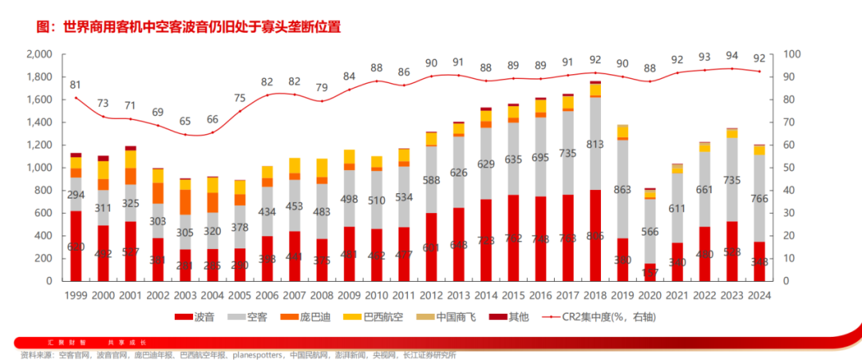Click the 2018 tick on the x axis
pyautogui.click(x=595, y=295)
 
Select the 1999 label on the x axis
pyautogui.click(x=76, y=295)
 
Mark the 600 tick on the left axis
pyautogui.click(x=43, y=213)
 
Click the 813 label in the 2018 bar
pyautogui.click(x=595, y=144)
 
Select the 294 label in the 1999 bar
pyautogui.click(x=76, y=195)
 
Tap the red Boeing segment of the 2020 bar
pyautogui.click(x=650, y=272)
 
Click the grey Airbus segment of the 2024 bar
pyautogui.click(x=759, y=198)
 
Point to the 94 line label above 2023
pyautogui.click(x=732, y=55)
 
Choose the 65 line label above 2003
pyautogui.click(x=184, y=121)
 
